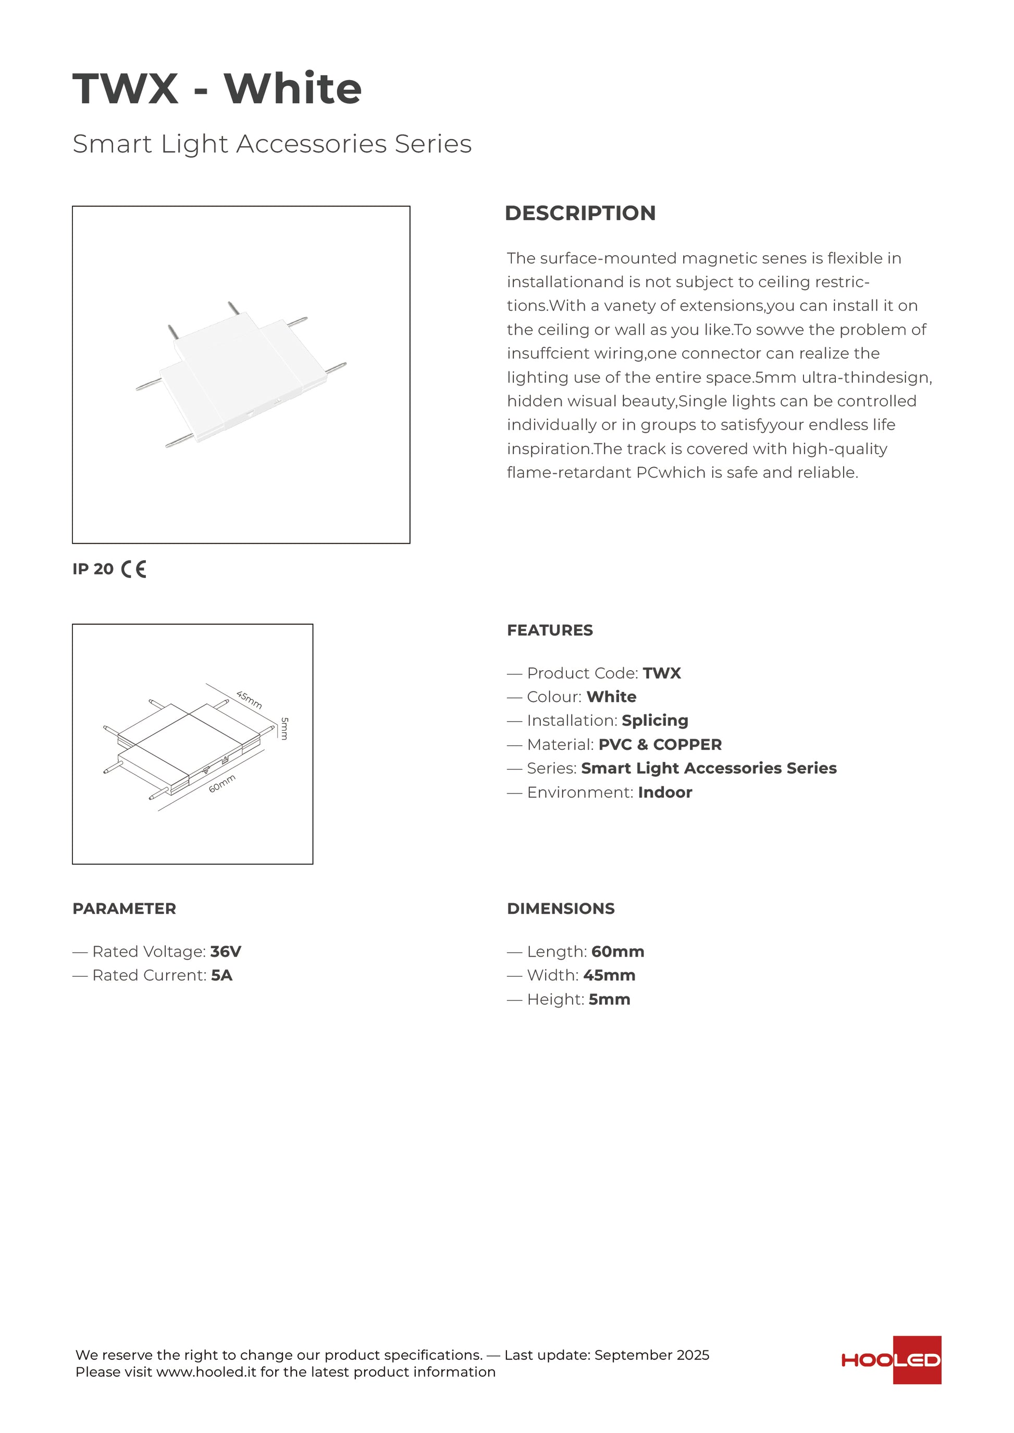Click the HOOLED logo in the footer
[891, 1360]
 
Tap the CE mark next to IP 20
[133, 569]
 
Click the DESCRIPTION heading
[580, 213]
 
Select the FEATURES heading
[549, 631]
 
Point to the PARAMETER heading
[124, 909]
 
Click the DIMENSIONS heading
[561, 909]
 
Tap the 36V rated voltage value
[226, 952]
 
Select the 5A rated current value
[221, 975]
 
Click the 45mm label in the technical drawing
[249, 700]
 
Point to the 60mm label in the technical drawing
[222, 783]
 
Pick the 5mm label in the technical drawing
[285, 728]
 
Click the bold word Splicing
[654, 721]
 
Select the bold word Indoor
[665, 793]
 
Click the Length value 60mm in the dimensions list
[617, 952]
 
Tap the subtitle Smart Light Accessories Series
[272, 144]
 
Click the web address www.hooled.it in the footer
[206, 1372]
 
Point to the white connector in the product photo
[240, 374]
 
